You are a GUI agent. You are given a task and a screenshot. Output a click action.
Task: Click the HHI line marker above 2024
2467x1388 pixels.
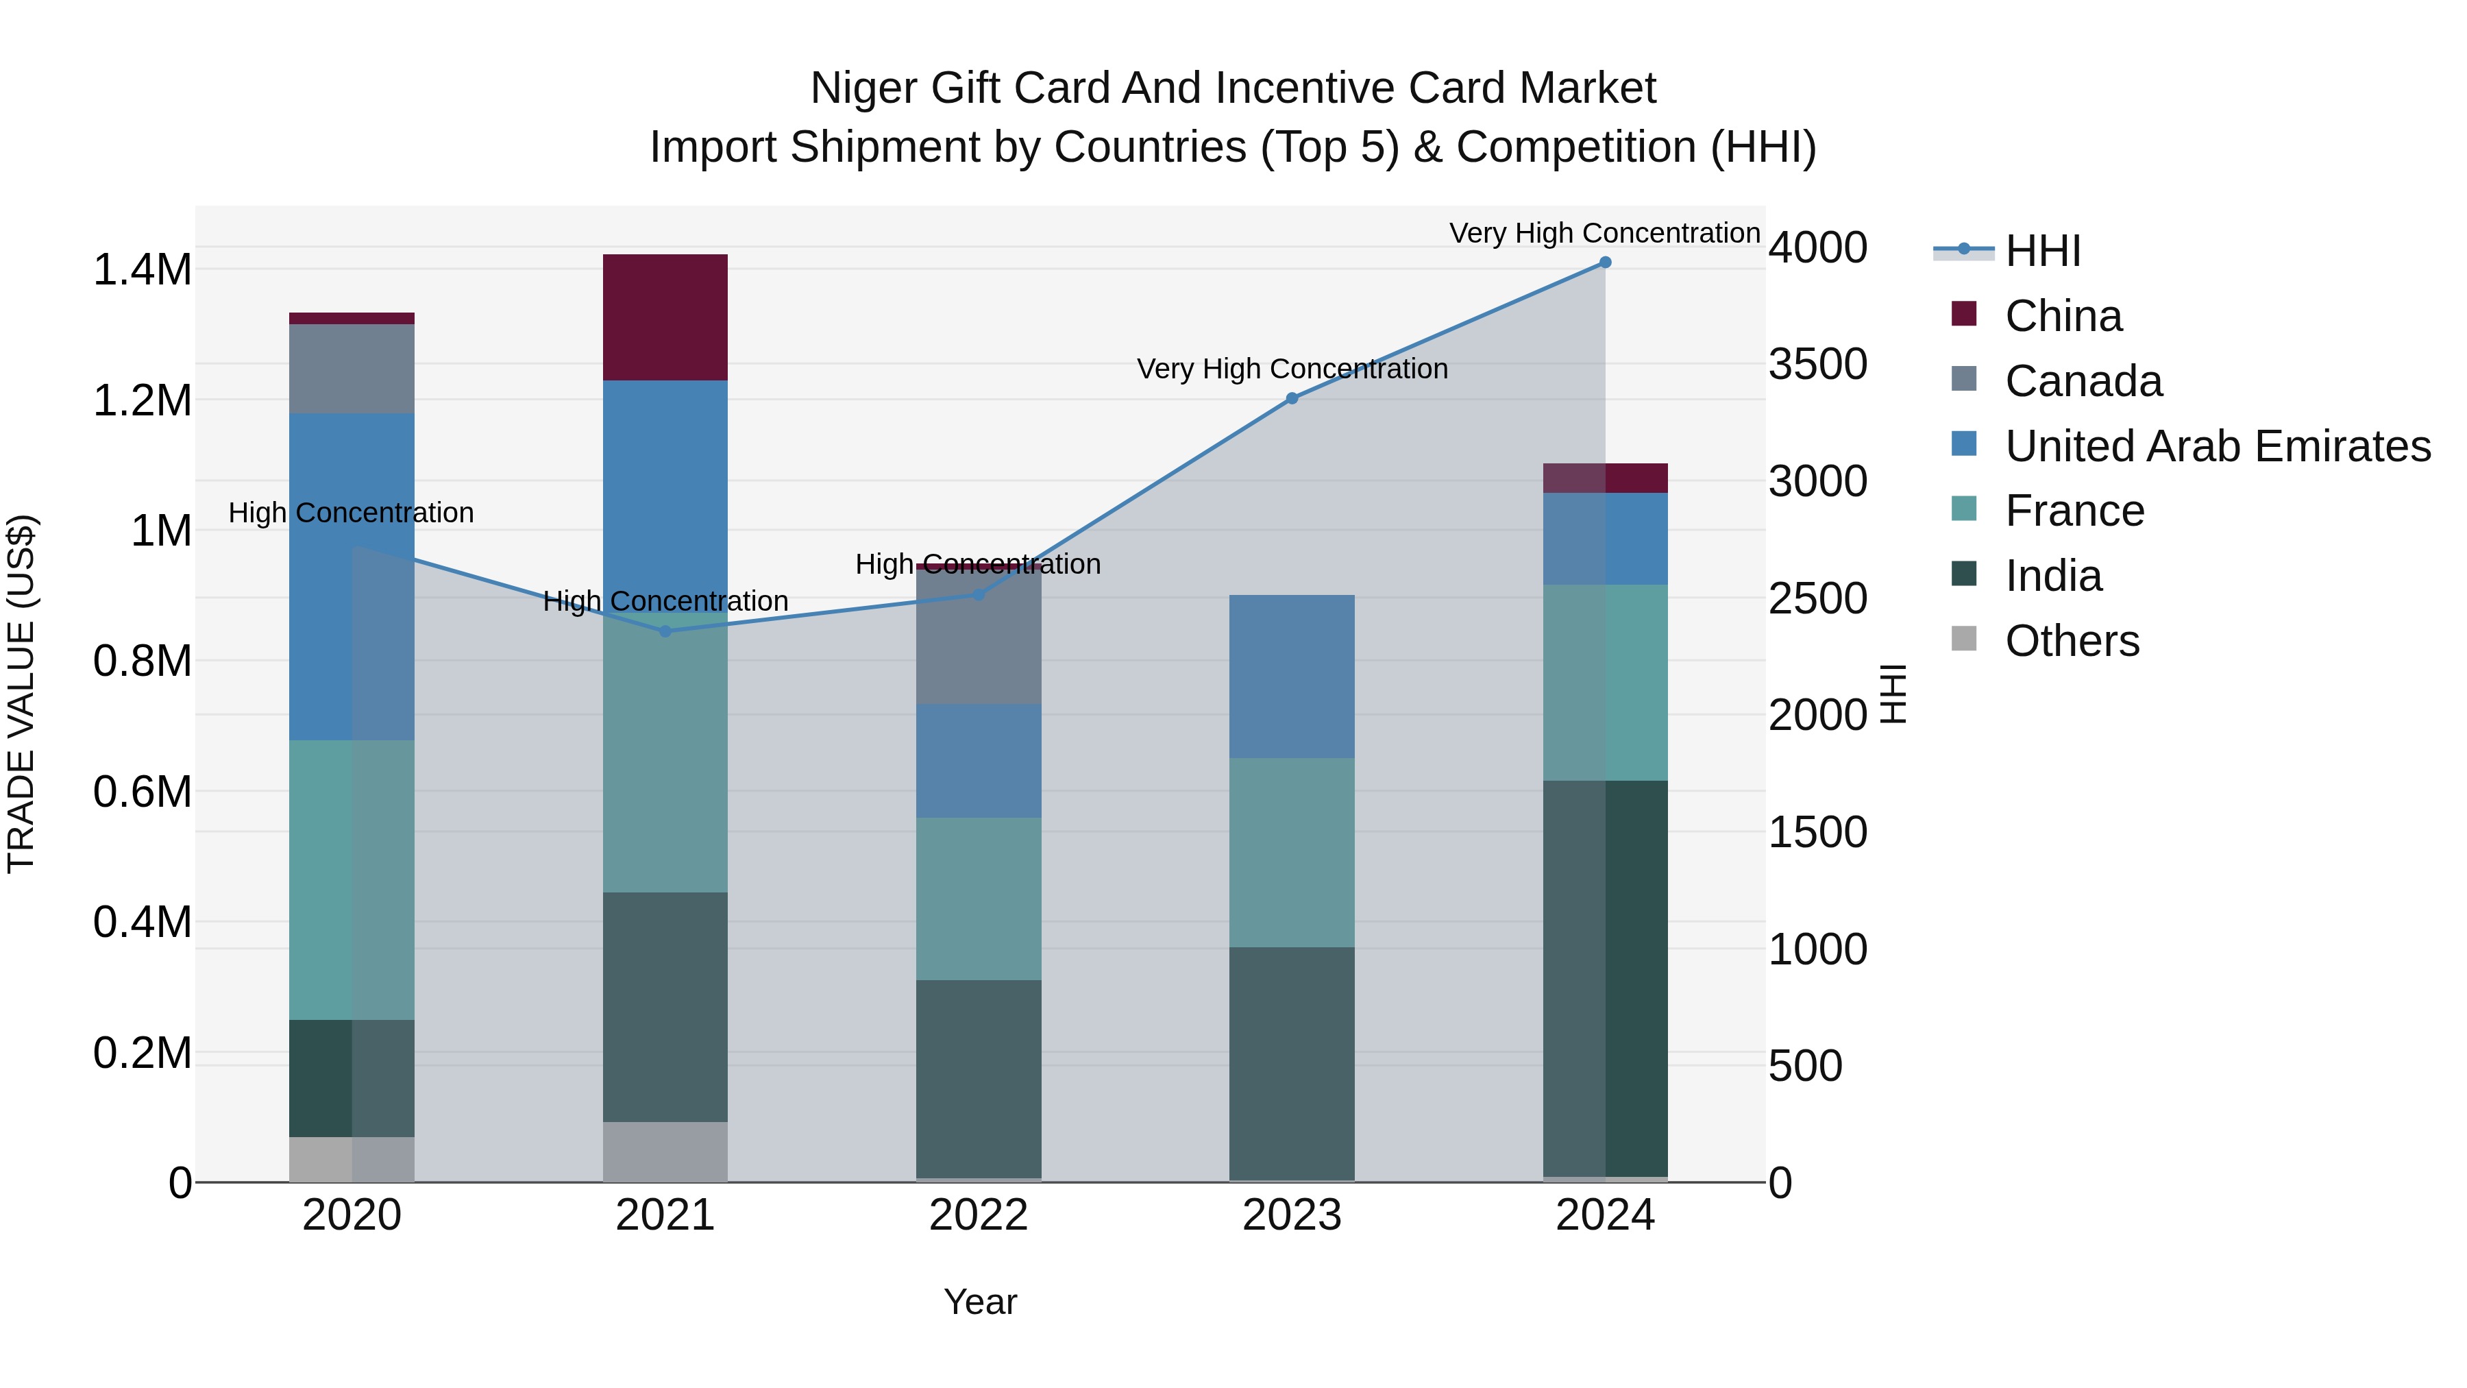(x=1605, y=263)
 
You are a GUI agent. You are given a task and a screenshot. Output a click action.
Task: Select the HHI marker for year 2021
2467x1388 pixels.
(x=665, y=631)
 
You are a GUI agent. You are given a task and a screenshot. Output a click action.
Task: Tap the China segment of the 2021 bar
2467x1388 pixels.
(x=665, y=317)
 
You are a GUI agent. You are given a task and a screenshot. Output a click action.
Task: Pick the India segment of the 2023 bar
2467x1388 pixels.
(x=1292, y=1063)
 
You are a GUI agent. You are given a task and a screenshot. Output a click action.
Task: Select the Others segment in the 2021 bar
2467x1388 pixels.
(x=665, y=1152)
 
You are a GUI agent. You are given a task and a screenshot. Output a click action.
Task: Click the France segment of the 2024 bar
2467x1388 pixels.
(x=1605, y=682)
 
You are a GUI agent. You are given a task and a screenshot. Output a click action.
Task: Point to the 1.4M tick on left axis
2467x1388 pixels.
(x=143, y=270)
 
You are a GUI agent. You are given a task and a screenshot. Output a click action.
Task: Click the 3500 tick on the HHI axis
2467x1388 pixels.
(x=1817, y=364)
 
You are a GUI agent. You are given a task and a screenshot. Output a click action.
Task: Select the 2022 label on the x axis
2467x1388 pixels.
(x=979, y=1215)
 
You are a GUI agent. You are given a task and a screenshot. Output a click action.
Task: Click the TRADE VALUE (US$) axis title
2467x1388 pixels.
(x=21, y=694)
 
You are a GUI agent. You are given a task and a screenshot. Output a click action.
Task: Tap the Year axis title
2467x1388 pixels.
(x=980, y=1302)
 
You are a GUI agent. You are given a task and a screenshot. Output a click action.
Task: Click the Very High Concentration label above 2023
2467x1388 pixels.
(x=1292, y=369)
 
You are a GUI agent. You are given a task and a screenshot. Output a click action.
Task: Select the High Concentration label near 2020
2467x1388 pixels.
(x=350, y=513)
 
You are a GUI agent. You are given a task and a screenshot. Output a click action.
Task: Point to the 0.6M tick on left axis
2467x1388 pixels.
(x=143, y=792)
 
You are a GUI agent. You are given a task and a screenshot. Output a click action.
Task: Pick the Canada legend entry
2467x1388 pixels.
(x=2083, y=381)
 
